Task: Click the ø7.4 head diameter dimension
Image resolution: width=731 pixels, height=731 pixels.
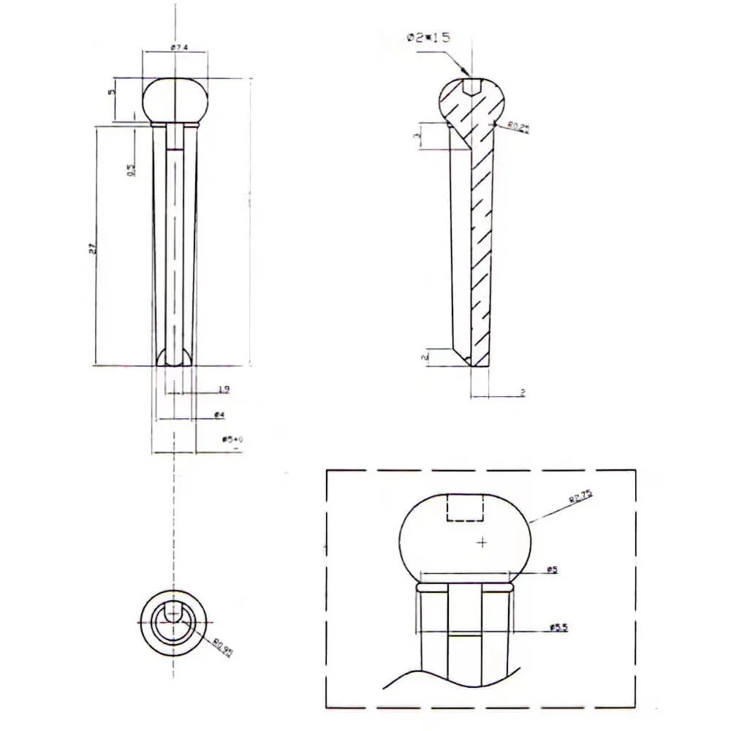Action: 179,48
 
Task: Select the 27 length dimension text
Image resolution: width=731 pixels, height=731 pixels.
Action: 92,249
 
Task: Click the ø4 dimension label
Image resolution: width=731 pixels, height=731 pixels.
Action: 219,414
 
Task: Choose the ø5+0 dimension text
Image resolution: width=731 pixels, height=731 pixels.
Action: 232,439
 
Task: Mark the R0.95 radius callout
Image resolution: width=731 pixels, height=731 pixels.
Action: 222,648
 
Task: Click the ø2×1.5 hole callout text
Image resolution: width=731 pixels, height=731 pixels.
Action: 428,37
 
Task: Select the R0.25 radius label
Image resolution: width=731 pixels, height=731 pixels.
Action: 519,129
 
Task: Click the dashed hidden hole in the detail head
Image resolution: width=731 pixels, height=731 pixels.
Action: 466,508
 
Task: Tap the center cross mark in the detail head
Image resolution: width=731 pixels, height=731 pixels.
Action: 482,542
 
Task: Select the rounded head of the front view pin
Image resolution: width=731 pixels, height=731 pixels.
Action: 175,100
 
